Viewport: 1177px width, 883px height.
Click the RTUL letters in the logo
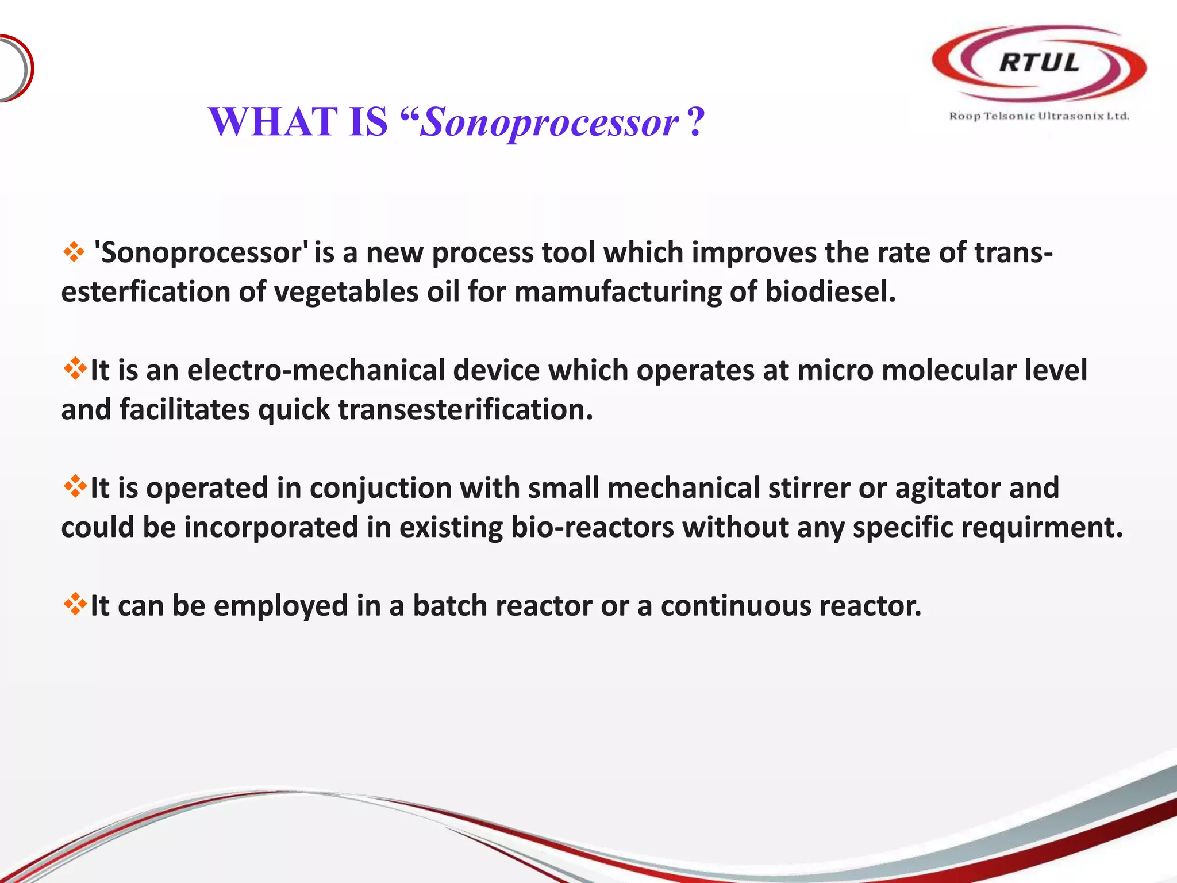1039,63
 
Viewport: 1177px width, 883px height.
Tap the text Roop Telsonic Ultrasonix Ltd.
1038,116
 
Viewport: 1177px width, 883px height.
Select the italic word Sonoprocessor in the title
549,123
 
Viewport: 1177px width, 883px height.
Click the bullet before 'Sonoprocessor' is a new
74,252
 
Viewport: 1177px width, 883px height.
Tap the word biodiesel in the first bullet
830,291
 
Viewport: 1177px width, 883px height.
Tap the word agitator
948,489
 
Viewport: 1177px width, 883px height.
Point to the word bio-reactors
592,527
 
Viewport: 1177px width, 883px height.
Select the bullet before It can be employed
75,605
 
